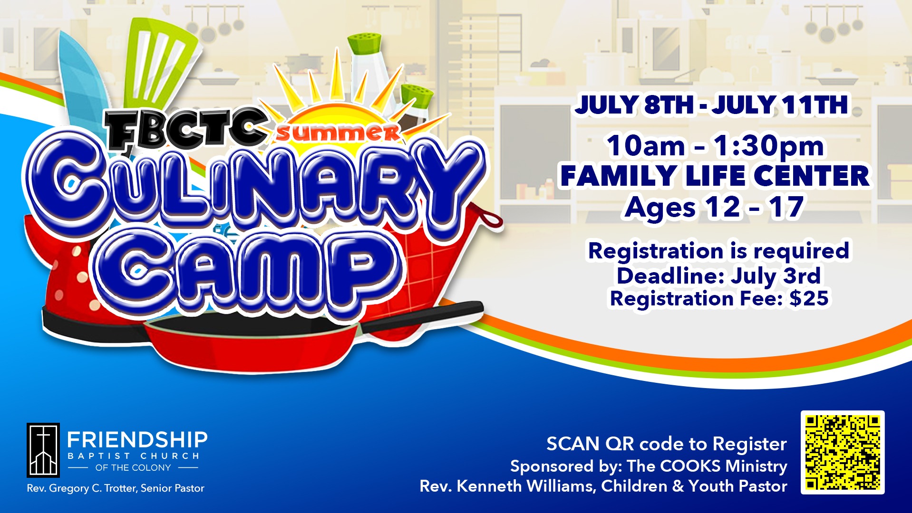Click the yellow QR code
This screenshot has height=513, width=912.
843,452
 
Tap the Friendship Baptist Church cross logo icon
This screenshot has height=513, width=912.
43,450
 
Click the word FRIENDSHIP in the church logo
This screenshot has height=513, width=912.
137,440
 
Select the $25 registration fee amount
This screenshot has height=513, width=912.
809,298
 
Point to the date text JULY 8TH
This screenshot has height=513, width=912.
634,105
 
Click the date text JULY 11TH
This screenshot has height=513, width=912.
780,105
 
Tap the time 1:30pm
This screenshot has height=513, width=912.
769,146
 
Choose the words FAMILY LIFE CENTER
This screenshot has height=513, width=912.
715,176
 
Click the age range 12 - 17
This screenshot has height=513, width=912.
754,207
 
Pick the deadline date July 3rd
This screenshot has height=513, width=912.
776,276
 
